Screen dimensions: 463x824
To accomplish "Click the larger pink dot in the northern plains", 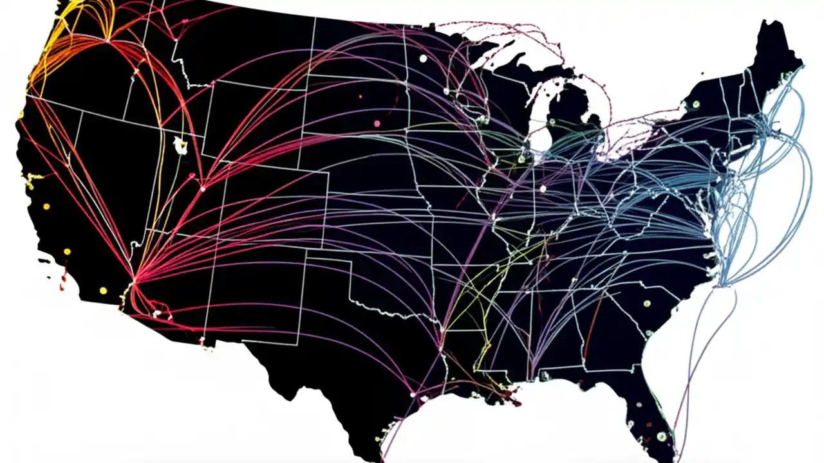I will tap(377, 123).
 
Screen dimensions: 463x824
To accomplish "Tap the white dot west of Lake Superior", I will tap(423, 59).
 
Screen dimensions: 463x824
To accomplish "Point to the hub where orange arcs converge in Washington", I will tap(107, 40).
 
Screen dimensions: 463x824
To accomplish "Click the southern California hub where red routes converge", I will tap(133, 282).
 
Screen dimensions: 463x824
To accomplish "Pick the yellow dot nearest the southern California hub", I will tap(103, 291).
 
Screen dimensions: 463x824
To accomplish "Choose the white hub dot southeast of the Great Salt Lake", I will tap(202, 188).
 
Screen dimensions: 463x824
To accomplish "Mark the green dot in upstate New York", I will tap(695, 104).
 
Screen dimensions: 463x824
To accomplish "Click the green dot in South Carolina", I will tap(646, 304).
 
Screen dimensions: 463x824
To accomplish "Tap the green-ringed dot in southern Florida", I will tap(661, 437).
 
